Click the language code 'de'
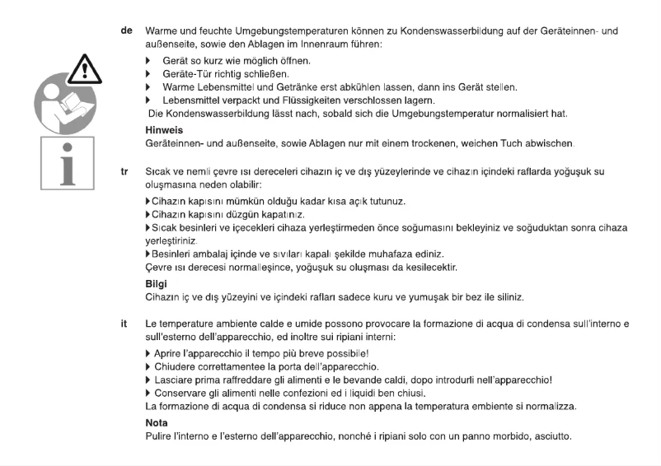click(127, 30)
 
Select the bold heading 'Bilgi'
click(157, 283)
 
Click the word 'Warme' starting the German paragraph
click(163, 30)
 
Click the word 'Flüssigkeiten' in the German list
click(295, 100)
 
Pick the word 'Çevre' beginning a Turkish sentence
click(159, 268)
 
